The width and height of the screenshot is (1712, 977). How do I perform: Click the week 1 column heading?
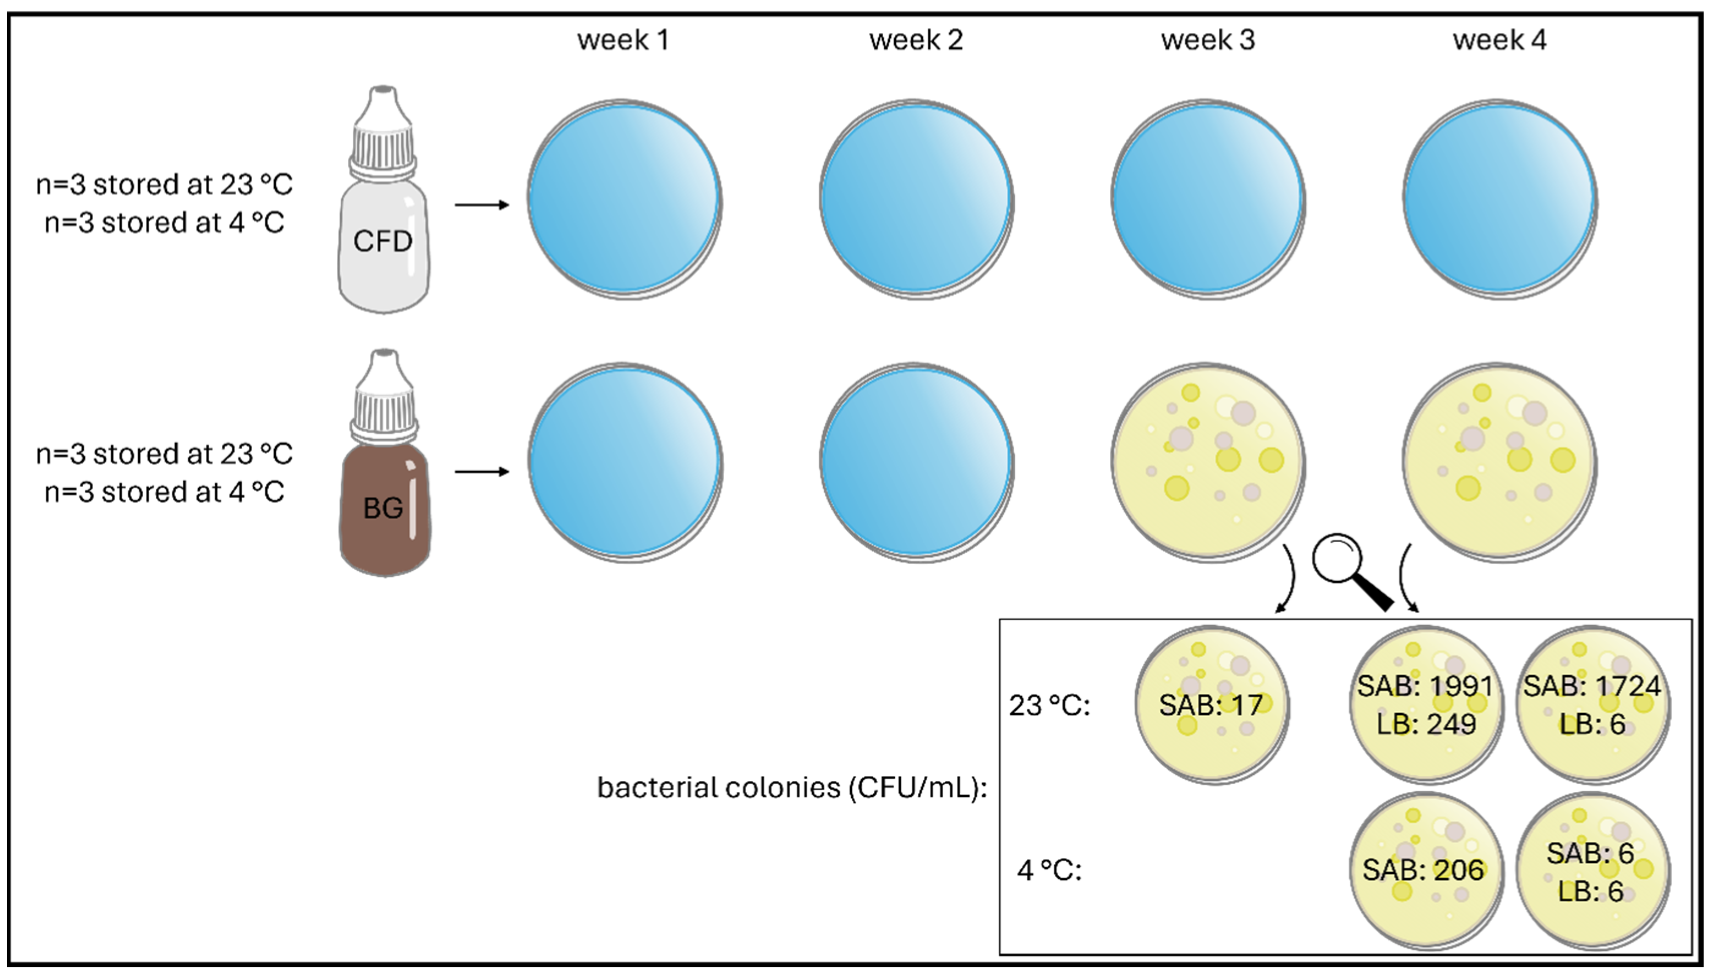point(623,40)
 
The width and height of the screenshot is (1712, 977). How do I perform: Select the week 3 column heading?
point(1208,40)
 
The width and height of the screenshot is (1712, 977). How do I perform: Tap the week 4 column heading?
point(1499,40)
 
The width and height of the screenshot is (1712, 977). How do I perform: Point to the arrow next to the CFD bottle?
point(482,205)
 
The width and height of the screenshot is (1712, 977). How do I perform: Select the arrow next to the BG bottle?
point(482,472)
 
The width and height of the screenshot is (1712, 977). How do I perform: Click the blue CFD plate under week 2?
point(916,199)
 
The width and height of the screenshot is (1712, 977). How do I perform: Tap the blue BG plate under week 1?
point(624,463)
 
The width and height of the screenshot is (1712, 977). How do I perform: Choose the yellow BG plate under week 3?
point(1208,463)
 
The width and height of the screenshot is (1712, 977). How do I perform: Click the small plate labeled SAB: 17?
point(1212,704)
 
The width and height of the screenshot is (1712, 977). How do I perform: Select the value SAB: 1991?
point(1425,686)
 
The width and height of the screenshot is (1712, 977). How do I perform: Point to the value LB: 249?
point(1426,724)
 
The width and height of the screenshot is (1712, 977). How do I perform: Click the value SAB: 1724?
point(1592,686)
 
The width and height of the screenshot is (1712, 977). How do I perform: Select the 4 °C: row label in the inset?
point(1049,870)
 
